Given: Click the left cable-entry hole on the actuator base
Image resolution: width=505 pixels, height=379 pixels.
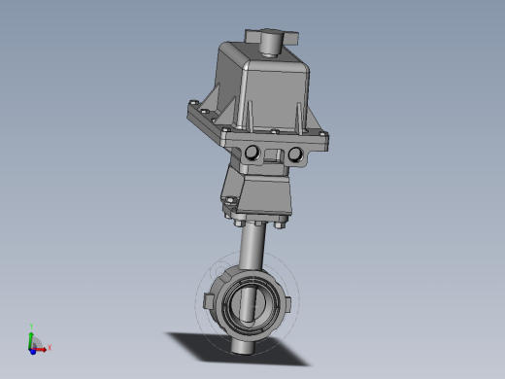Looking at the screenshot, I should pyautogui.click(x=254, y=153).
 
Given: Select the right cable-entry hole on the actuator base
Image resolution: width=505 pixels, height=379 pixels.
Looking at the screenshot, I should pyautogui.click(x=294, y=155).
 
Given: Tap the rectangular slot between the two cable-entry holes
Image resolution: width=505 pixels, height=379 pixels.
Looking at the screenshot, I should pyautogui.click(x=274, y=154).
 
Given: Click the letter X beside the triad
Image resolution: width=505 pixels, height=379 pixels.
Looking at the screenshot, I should pyautogui.click(x=50, y=346).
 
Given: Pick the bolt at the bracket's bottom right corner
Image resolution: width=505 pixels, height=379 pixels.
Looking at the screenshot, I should pyautogui.click(x=281, y=227).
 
